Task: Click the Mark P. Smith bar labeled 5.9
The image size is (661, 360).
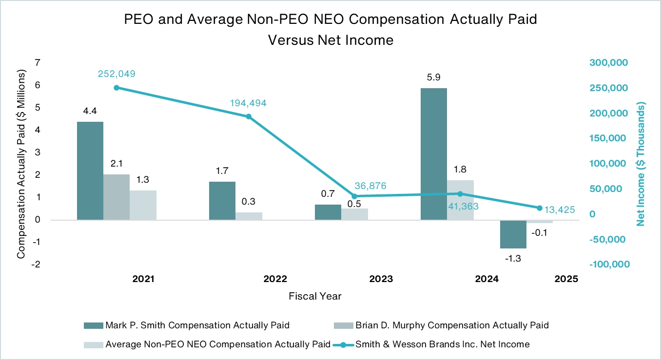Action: point(434,154)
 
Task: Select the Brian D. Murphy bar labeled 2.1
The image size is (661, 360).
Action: point(117,197)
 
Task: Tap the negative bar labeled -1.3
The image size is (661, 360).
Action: point(513,234)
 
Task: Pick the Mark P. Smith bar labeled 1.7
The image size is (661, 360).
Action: point(222,201)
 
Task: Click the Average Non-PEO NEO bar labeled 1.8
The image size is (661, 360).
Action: point(460,200)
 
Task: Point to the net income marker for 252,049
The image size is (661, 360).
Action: point(117,88)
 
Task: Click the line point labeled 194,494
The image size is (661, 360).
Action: point(249,116)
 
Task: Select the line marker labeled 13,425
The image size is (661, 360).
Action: point(539,208)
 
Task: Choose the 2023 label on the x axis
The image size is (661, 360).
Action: point(381,279)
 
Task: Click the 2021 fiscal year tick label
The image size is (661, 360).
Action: point(143,279)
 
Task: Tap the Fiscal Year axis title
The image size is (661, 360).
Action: point(315,296)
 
